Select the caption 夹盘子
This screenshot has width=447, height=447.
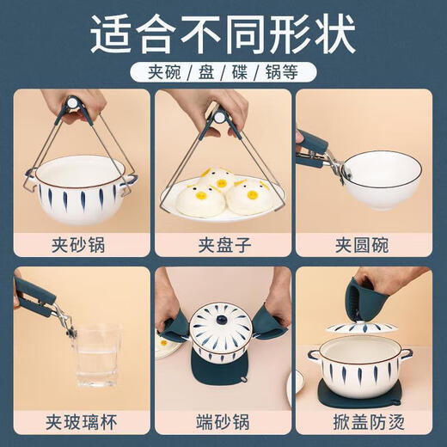pos(223,245)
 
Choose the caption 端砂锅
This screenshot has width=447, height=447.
pos(223,422)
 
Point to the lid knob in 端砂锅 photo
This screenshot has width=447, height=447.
pos(223,315)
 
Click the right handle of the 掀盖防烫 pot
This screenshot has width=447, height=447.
pos(407,353)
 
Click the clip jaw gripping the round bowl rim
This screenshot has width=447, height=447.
pos(340,172)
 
